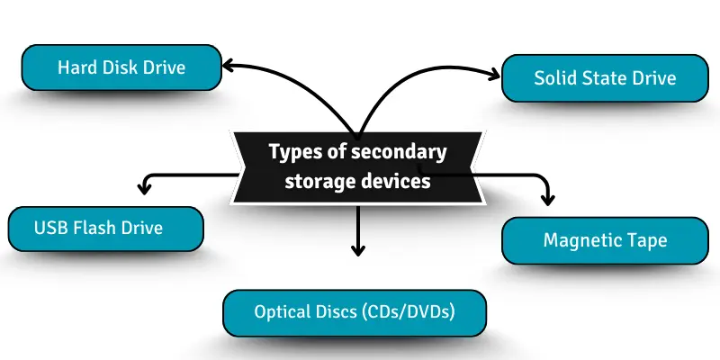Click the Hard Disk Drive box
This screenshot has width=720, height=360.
coord(121,67)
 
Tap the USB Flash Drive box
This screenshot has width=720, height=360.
coord(105,228)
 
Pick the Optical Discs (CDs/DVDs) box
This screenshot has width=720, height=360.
coord(355,313)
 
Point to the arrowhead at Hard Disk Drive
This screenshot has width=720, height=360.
coord(228,65)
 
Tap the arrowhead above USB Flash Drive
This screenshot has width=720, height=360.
coord(142,188)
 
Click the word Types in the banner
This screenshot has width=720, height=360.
coord(292,152)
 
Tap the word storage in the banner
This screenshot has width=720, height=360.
coord(317,181)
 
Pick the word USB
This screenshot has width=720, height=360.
coord(49,228)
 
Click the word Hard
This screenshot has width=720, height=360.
coord(76,67)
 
